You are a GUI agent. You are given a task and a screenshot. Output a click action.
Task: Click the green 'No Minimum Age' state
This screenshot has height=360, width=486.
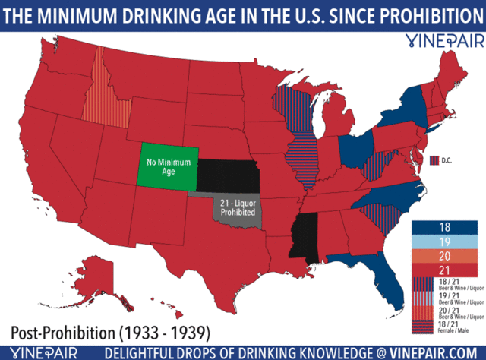[x=166, y=166]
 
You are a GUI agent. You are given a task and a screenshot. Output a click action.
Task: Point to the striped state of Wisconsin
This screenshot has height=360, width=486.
[x=292, y=103]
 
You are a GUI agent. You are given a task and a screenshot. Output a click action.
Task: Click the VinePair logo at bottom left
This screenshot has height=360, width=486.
[x=38, y=351]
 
